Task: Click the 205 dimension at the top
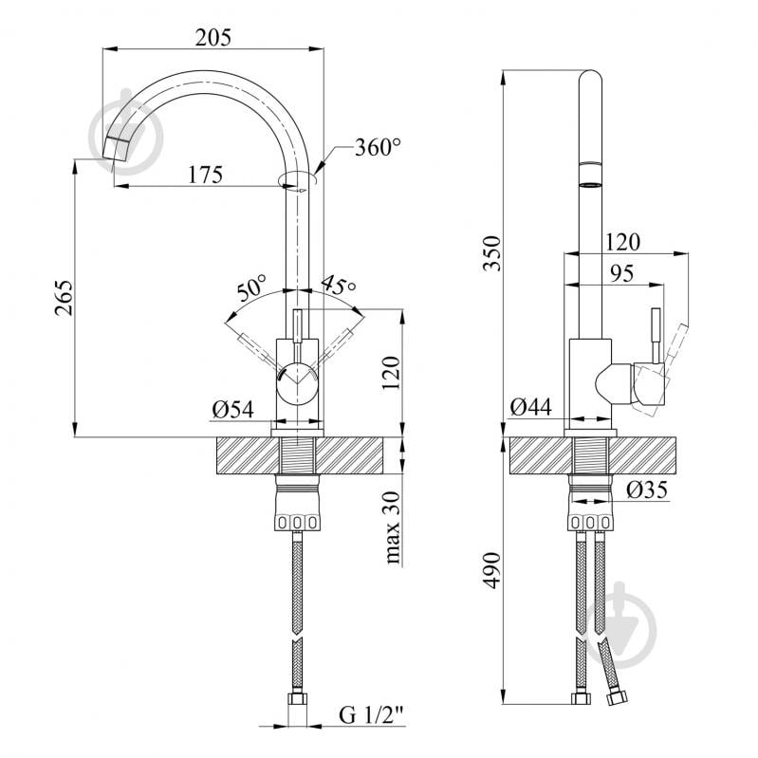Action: (213, 37)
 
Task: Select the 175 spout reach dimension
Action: (206, 175)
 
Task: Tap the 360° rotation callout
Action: (378, 147)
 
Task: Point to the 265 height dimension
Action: (64, 298)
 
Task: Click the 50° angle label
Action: (251, 288)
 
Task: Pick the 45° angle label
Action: (338, 286)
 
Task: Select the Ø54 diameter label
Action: (232, 410)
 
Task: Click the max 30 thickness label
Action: (393, 527)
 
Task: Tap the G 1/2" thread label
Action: (371, 714)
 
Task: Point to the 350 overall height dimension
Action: (492, 253)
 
